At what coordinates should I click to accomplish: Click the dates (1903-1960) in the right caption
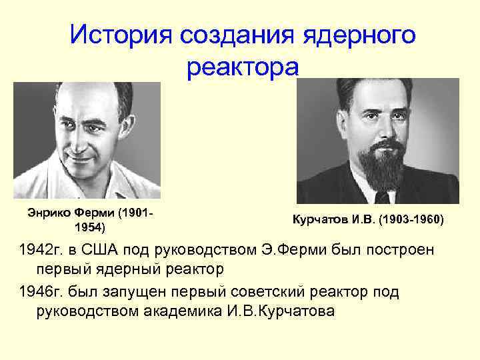click(411, 219)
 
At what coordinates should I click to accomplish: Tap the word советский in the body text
click(285, 293)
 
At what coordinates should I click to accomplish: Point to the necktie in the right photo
click(382, 197)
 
